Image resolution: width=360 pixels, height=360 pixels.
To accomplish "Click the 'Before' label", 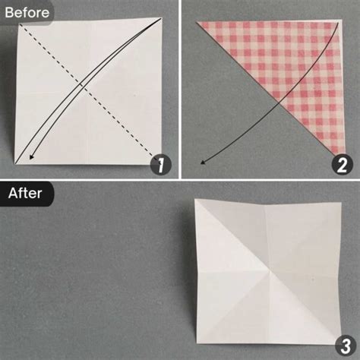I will [x=27, y=12].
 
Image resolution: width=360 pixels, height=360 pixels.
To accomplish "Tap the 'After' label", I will [x=25, y=193].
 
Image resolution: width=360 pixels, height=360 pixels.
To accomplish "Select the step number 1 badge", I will [x=160, y=163].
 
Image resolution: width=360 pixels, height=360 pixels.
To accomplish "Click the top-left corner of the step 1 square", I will [x=17, y=23].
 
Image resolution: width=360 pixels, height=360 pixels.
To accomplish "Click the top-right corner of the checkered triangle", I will [x=339, y=22].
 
